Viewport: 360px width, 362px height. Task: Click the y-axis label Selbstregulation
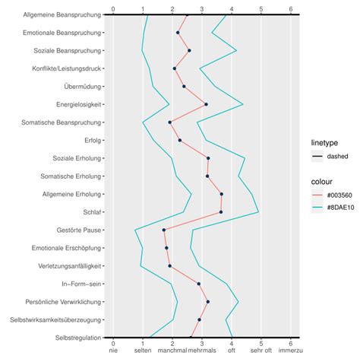[77, 338]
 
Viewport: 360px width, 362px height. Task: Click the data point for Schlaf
[221, 212]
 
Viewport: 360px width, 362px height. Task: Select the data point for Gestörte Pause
[163, 230]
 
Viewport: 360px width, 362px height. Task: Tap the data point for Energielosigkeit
[206, 104]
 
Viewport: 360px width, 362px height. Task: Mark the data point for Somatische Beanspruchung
[169, 122]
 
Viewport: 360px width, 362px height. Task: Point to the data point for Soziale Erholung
[208, 158]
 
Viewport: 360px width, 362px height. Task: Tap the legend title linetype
[327, 142]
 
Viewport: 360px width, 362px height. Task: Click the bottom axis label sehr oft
[261, 351]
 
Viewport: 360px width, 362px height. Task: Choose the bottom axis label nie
[113, 351]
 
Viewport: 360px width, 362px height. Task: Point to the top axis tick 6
[291, 9]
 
